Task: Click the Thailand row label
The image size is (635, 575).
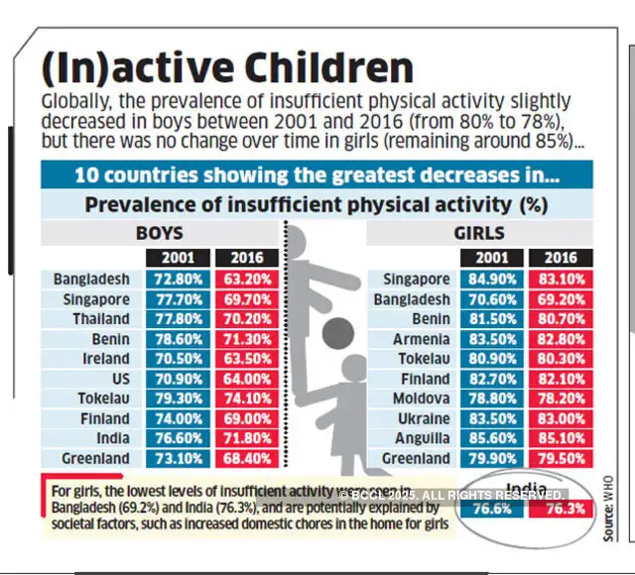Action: [100, 318]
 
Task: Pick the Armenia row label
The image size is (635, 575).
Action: [424, 338]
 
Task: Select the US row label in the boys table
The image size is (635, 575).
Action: [117, 378]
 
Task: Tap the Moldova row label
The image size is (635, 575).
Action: [423, 398]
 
